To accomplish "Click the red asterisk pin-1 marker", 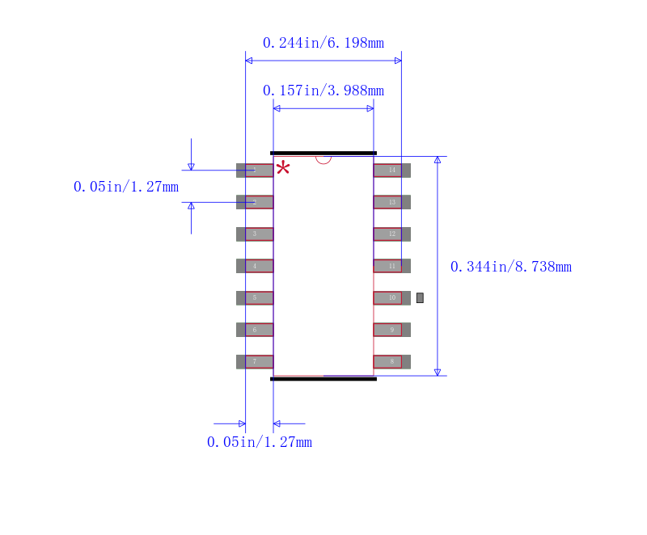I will click(x=283, y=168).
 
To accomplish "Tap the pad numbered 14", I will click(x=391, y=171).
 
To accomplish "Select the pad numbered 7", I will click(x=255, y=361).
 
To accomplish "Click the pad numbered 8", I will click(x=391, y=361).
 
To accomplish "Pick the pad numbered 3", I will click(x=255, y=234).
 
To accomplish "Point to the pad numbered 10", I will click(x=391, y=297).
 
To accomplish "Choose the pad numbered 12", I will click(x=391, y=234).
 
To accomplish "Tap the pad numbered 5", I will click(x=255, y=297).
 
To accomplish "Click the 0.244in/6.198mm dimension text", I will click(x=323, y=43).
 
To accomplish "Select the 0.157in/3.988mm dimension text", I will click(x=323, y=91).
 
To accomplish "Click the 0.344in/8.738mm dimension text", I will click(x=510, y=267).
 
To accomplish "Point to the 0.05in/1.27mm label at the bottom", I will click(x=259, y=442).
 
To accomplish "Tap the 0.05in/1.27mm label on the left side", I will click(x=125, y=187).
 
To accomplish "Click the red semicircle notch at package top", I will click(x=323, y=159).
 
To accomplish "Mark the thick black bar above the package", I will click(x=323, y=153).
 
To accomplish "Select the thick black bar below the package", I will click(x=323, y=378).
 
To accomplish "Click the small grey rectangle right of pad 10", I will click(x=420, y=297).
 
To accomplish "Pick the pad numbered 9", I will click(x=391, y=330).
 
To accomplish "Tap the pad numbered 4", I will click(x=255, y=266).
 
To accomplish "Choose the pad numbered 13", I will click(x=391, y=202).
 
